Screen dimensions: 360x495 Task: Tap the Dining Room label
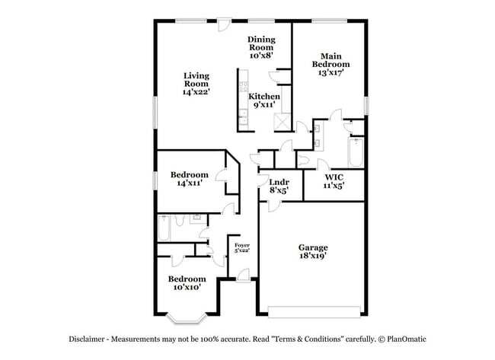click(261, 43)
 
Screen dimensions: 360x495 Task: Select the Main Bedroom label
click(331, 60)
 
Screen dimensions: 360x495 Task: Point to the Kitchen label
click(264, 97)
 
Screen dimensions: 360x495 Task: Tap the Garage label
click(313, 247)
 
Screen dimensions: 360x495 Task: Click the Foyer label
click(241, 245)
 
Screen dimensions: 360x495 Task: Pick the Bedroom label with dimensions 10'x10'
click(187, 279)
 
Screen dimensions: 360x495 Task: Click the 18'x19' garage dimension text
click(313, 257)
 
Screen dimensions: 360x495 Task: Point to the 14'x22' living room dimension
click(196, 91)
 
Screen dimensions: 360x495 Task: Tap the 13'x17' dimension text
click(331, 73)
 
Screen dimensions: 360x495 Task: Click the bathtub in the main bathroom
click(356, 152)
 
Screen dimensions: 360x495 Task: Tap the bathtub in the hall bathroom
click(165, 228)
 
